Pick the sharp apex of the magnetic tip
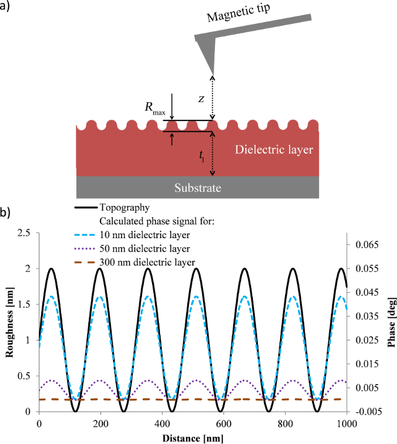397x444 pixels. pos(213,75)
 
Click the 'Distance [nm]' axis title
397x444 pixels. pos(192,437)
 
